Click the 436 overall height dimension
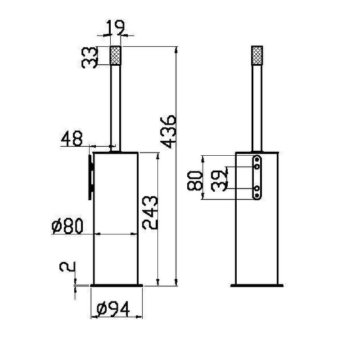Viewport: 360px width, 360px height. click(x=168, y=132)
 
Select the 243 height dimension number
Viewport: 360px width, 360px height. click(x=150, y=212)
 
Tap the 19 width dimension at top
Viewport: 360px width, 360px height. click(x=116, y=28)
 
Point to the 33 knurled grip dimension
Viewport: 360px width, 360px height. click(x=90, y=58)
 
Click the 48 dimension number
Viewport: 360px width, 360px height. click(x=72, y=139)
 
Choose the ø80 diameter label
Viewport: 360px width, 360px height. click(x=67, y=226)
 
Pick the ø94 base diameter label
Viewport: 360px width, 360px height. click(x=113, y=309)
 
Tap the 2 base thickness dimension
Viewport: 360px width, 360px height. click(x=67, y=267)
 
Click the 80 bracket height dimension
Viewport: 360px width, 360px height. click(x=195, y=181)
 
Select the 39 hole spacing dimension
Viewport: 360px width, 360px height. click(x=219, y=181)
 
